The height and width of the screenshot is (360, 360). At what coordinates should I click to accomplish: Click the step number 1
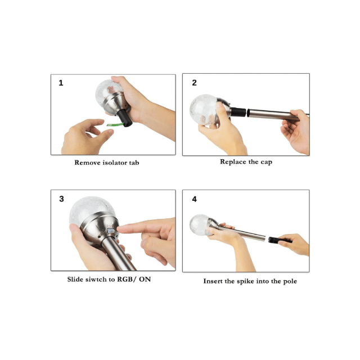click(61, 83)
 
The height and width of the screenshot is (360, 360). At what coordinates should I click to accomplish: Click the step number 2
click(194, 83)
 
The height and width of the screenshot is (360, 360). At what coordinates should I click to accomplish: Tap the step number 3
click(61, 199)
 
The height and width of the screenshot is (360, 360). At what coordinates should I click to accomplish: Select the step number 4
click(195, 199)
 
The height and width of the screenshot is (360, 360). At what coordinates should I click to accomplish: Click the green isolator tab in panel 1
click(115, 125)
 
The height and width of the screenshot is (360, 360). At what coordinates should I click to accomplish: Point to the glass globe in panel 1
click(107, 91)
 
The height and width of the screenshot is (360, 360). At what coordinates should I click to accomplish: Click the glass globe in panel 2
click(203, 110)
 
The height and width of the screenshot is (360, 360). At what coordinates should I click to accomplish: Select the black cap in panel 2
click(238, 112)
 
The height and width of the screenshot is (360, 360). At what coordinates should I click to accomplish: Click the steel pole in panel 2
click(276, 115)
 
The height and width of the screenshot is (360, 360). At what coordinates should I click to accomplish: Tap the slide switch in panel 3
click(111, 230)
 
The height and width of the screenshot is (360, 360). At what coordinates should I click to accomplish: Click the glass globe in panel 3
click(92, 210)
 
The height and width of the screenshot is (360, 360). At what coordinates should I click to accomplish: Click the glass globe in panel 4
click(199, 225)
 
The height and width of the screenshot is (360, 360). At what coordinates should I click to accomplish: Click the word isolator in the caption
click(115, 163)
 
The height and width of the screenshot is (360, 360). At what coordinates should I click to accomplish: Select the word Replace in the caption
click(233, 162)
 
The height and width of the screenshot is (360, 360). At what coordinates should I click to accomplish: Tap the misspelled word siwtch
click(96, 279)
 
